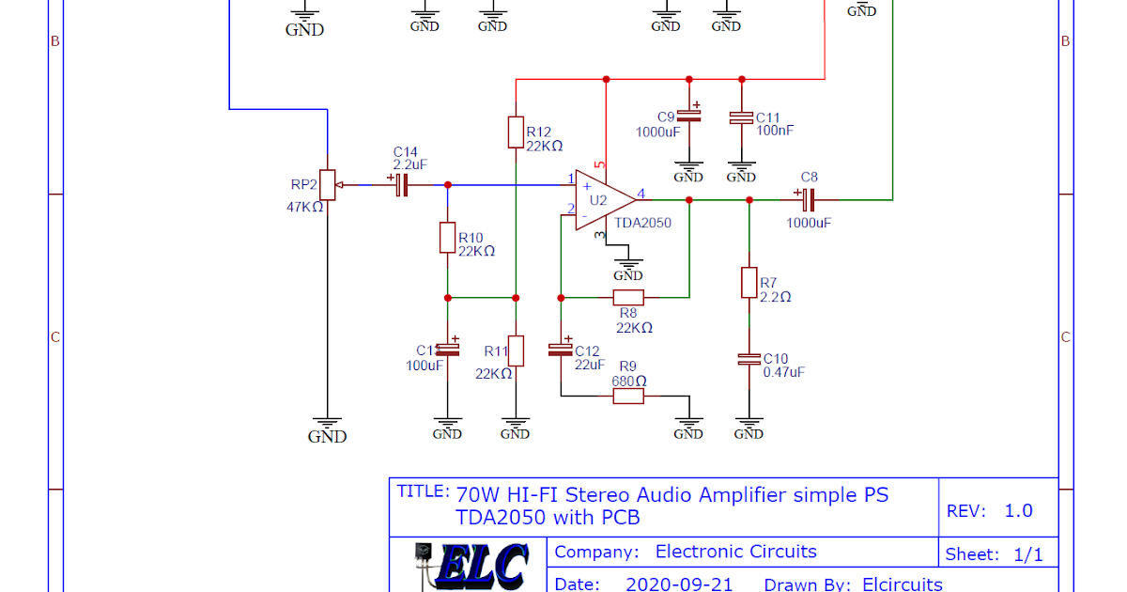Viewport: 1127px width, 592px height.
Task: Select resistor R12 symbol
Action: click(515, 132)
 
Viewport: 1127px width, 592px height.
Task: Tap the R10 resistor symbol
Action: click(447, 238)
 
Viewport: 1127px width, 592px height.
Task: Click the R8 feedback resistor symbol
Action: click(628, 298)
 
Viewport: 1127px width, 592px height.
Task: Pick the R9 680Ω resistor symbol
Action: click(628, 396)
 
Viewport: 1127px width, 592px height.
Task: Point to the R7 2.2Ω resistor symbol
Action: click(749, 282)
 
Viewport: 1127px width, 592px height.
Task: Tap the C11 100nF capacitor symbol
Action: click(741, 117)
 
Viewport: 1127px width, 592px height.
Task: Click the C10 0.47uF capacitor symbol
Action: click(749, 359)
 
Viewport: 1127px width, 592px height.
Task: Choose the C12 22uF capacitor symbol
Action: click(561, 350)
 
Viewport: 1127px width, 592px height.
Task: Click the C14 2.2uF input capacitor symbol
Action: click(402, 185)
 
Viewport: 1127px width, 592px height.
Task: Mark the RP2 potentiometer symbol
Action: click(327, 184)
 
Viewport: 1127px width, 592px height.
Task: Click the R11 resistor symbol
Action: click(515, 351)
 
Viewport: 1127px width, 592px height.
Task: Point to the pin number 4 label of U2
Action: click(641, 194)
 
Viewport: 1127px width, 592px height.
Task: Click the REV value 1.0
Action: click(1018, 511)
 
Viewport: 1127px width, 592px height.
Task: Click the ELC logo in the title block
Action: click(470, 567)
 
